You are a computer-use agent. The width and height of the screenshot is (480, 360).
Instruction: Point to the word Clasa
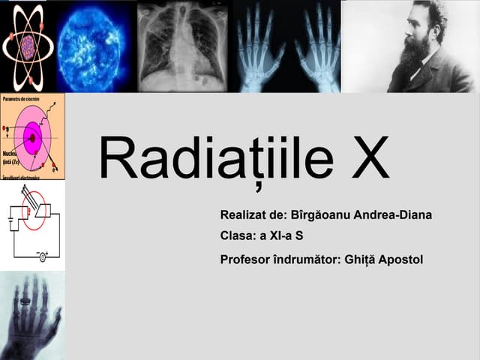click(237, 236)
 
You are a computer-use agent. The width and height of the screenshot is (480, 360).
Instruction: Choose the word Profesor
click(244, 259)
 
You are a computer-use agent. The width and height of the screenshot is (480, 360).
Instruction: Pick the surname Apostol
click(401, 259)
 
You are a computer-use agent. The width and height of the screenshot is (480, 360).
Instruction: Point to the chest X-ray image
click(184, 46)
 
